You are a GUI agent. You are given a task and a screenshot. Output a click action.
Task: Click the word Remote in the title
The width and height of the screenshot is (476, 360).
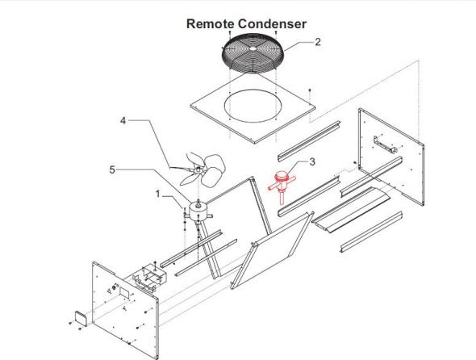pos(210,23)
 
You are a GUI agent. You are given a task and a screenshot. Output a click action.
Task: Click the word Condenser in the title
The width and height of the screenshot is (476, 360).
pos(272,23)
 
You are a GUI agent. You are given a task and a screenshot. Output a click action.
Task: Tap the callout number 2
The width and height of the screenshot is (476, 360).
pos(318,42)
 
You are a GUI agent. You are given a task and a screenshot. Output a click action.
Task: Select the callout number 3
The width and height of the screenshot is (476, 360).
pos(312,161)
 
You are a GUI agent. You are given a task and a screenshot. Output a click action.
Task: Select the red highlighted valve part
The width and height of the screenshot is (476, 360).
pos(282,186)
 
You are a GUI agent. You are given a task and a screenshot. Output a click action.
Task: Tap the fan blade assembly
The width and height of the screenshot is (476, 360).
pos(203,169)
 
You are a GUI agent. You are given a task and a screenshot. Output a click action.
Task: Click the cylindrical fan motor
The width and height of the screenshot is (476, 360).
pos(198,211)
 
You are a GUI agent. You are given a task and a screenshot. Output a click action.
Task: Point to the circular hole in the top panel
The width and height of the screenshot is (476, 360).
pos(253,107)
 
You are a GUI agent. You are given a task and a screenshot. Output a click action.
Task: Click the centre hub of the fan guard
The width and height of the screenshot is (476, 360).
pos(253,48)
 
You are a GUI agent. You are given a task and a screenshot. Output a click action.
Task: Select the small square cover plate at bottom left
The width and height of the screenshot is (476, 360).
pos(81,318)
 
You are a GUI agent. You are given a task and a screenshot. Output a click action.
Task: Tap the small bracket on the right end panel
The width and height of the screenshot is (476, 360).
pos(385,144)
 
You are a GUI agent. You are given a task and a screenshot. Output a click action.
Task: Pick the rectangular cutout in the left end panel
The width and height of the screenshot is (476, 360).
pos(124,292)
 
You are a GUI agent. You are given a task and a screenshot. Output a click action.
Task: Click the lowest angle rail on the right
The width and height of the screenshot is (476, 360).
pos(371,232)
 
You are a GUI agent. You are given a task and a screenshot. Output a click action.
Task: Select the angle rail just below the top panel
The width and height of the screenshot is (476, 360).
pos(309,141)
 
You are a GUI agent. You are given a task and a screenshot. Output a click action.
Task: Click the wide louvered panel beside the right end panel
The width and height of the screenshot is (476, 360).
pos(351,210)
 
